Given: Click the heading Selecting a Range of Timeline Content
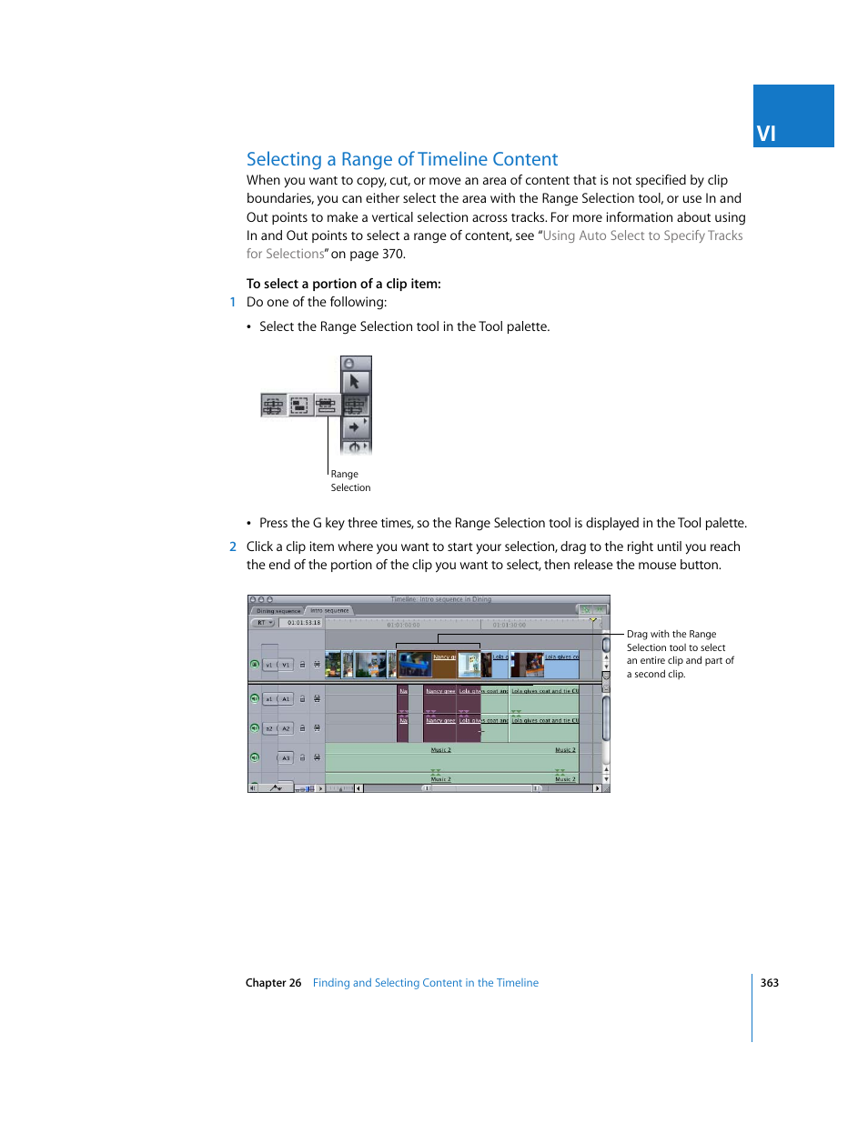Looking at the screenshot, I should coord(401,159).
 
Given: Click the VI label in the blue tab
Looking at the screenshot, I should coord(766,134).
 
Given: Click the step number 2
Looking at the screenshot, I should coord(233,546).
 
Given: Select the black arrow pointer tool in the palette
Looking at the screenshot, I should coord(355,382).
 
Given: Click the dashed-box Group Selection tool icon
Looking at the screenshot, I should coord(300,405).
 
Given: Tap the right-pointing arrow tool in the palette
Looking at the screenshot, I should coord(355,426).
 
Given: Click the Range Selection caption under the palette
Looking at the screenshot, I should coord(349,481).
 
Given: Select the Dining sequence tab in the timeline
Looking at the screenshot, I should coord(278,611).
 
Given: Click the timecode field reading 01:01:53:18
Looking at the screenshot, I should coord(303,623).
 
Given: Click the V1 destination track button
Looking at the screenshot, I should coord(286,665).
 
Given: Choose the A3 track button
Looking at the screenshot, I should coord(286,757).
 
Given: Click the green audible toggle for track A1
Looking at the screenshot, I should coord(255,698).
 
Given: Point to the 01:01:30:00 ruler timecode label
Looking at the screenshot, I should coord(509,625).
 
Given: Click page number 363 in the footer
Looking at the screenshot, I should coord(769,983).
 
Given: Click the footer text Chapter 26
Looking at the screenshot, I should coord(273,983).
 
